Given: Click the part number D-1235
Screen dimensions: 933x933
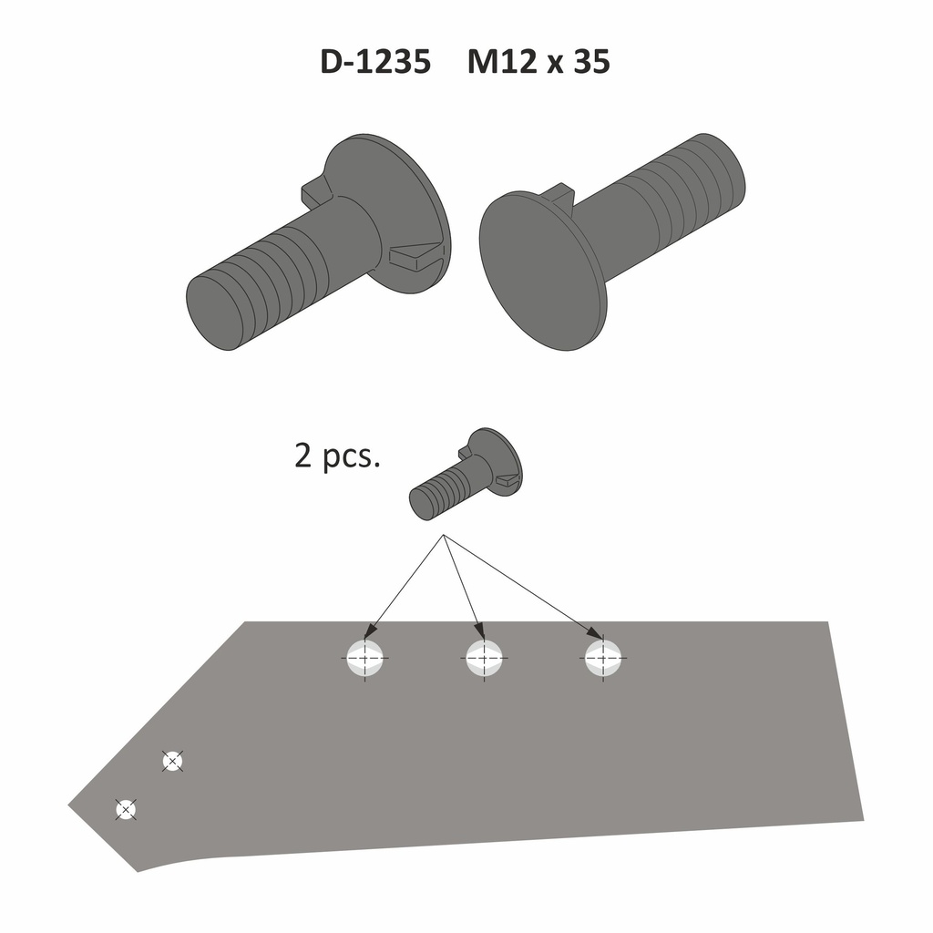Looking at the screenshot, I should [374, 62].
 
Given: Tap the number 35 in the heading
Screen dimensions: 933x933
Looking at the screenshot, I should [591, 62].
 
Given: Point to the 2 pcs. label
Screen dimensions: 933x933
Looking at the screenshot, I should [336, 455].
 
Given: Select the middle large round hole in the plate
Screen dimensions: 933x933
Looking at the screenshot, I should [484, 657].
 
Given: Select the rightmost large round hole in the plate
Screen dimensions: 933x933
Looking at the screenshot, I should [602, 657].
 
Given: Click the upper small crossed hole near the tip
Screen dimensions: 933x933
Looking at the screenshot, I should [171, 760].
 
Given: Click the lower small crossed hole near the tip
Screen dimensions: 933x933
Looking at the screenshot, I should [126, 808].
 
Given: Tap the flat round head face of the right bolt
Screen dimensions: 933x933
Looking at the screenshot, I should [539, 270].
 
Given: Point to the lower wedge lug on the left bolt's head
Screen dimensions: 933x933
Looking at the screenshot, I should [415, 255].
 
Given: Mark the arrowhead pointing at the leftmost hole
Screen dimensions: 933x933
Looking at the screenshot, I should [370, 632].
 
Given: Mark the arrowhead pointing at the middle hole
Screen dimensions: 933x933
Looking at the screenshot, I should [480, 632].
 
